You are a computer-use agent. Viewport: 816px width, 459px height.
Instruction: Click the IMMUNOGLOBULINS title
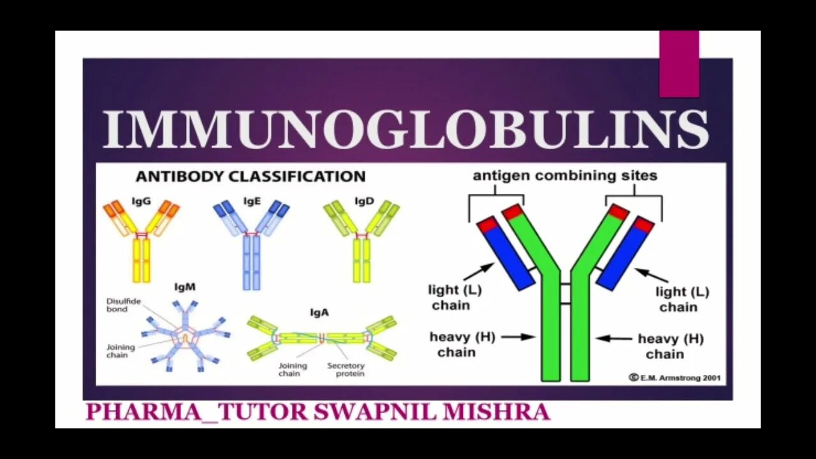click(x=405, y=130)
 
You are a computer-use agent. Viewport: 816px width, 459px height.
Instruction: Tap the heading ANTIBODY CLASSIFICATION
click(x=250, y=177)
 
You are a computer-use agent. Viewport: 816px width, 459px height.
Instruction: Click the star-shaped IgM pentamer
click(x=185, y=335)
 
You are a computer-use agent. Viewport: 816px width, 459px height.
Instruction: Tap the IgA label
click(x=319, y=312)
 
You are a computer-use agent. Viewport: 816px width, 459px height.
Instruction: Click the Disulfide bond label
click(x=124, y=305)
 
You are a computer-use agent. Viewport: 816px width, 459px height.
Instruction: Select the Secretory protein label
click(x=346, y=370)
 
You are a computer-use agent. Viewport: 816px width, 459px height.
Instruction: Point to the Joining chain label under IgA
click(x=293, y=370)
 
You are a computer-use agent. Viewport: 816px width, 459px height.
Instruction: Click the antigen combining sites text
click(x=565, y=175)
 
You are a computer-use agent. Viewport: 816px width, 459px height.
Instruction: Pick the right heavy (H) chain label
click(x=670, y=346)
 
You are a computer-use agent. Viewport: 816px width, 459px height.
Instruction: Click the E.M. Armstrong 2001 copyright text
click(x=674, y=377)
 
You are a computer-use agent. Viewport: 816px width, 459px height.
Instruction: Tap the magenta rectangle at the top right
click(x=679, y=63)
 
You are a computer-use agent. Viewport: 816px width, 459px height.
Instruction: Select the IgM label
click(x=185, y=288)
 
